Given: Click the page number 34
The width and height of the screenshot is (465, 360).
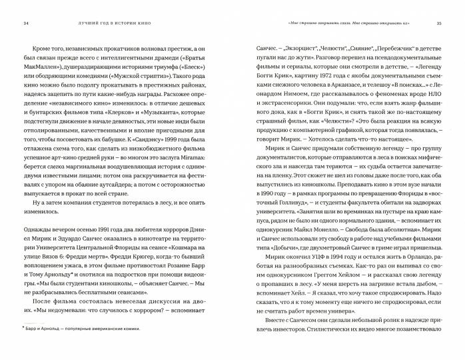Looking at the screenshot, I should [26, 23].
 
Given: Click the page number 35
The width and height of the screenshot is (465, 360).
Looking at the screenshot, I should [439, 23].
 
